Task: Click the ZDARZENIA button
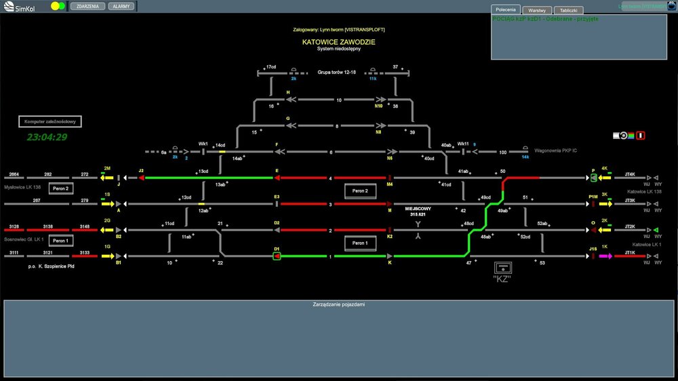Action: (87, 6)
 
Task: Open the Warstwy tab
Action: (536, 10)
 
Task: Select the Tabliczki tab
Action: (568, 10)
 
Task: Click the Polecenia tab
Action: (506, 9)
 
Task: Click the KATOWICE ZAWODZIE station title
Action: (338, 42)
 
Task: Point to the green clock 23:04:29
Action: (47, 137)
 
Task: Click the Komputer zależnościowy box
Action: (51, 121)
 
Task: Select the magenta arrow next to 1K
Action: (605, 256)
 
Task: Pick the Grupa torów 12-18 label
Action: (337, 71)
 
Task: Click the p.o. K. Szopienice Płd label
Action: (52, 267)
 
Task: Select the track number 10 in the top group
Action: (338, 100)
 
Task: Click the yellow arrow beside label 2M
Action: (107, 178)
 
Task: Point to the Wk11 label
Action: (462, 144)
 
